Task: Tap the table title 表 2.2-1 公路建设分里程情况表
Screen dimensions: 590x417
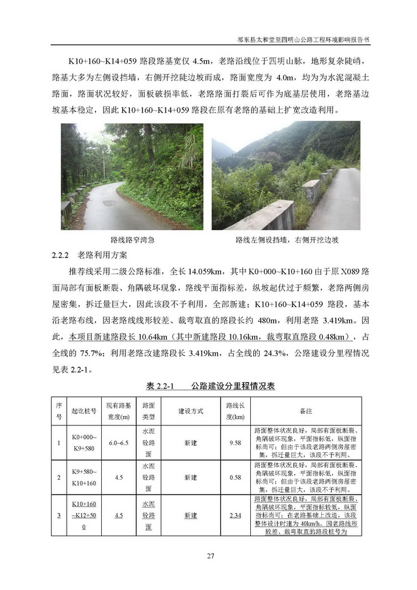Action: [210, 386]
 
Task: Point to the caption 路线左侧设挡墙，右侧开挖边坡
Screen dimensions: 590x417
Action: [287, 240]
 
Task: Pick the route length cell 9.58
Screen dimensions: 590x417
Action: [235, 443]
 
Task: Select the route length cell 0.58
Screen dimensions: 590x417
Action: [235, 477]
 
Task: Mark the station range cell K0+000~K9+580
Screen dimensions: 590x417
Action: [83, 443]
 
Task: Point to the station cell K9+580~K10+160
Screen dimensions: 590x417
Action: [83, 477]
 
